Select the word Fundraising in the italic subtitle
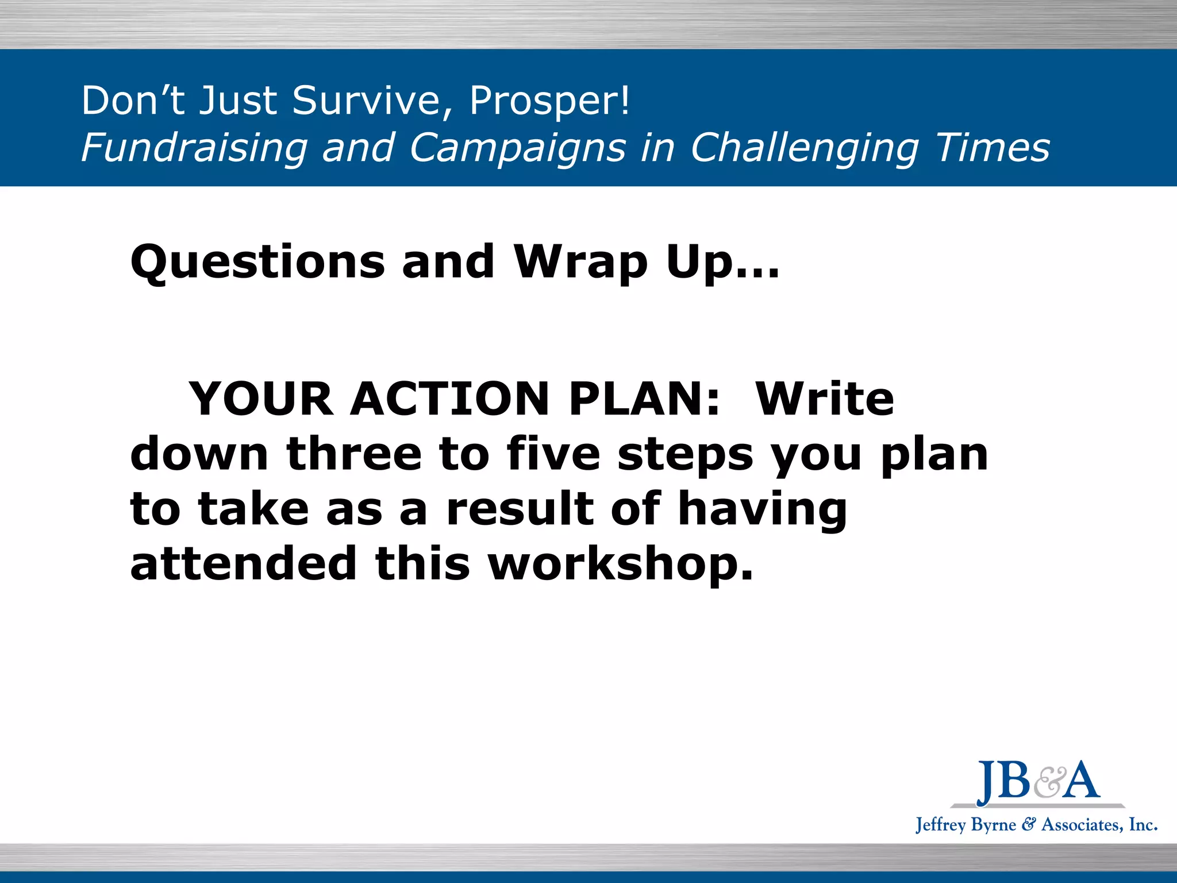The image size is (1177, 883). (194, 148)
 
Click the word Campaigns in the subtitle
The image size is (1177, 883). (517, 148)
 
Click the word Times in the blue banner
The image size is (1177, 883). (993, 148)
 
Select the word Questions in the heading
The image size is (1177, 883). (257, 262)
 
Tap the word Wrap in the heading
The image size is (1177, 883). (581, 262)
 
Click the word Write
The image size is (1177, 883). (825, 399)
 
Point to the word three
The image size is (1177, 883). (355, 454)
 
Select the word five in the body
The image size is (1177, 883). (553, 454)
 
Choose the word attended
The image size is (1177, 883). (244, 563)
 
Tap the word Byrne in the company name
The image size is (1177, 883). (993, 826)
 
